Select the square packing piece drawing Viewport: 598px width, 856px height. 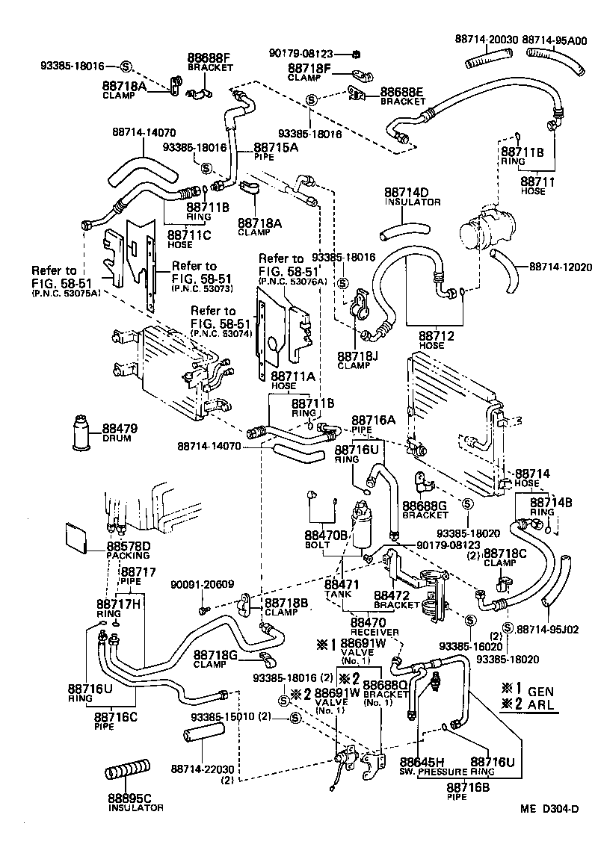(76, 536)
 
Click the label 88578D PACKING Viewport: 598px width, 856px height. (128, 550)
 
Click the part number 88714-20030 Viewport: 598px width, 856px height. (487, 38)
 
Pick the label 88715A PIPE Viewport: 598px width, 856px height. (276, 152)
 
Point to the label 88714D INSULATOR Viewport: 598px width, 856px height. (412, 196)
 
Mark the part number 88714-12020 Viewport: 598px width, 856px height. (560, 267)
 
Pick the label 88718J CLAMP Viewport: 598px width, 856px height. (357, 360)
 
